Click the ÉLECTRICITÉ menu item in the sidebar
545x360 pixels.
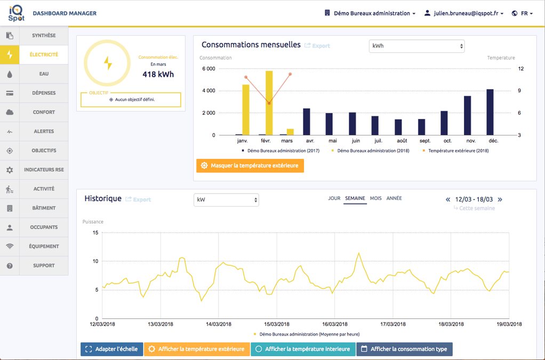tap(44, 54)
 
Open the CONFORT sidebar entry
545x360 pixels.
tap(44, 112)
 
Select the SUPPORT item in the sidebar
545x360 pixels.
tap(44, 266)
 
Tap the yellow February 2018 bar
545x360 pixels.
tap(269, 103)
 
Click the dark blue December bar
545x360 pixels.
tap(490, 112)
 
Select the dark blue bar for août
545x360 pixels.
tap(398, 127)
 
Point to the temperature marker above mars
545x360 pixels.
tap(290, 74)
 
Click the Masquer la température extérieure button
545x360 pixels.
tap(250, 166)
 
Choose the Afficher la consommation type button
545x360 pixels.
tap(404, 349)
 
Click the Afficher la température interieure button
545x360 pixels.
tap(303, 349)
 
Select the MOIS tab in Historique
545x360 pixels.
tap(376, 198)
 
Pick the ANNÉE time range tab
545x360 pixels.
tap(394, 198)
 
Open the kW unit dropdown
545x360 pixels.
tap(226, 200)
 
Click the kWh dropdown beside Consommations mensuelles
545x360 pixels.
tap(416, 46)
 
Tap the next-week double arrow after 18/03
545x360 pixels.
tap(500, 199)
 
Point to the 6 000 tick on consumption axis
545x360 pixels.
tap(209, 69)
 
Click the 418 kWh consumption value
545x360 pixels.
tap(158, 74)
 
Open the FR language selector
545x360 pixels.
tap(523, 13)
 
